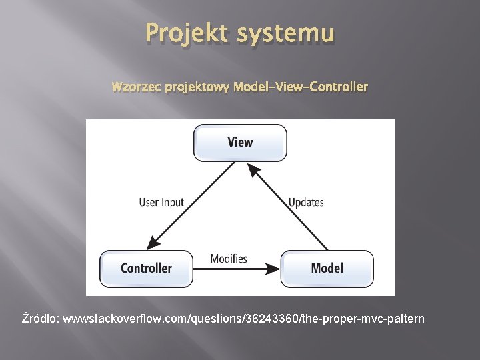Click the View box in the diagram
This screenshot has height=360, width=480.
coord(240,142)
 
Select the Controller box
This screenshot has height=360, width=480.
coord(146,268)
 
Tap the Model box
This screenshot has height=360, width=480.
coord(327,268)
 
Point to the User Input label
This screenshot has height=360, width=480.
coord(161,202)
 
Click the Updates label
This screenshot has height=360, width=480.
coord(306,202)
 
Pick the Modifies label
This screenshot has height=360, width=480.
coord(229,259)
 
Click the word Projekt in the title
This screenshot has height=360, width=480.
coord(182,33)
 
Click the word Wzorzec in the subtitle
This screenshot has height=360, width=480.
coord(133,87)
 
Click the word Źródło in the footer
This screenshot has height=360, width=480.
coord(39,319)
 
